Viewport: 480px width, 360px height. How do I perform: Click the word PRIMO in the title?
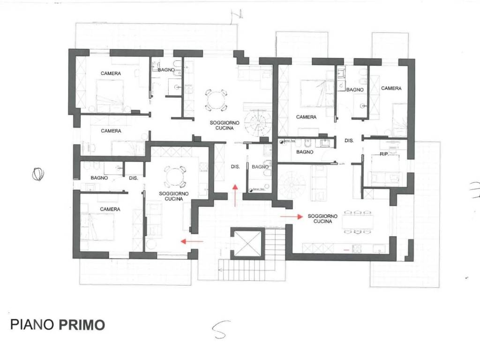[82, 325]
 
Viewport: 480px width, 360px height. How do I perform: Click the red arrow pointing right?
[291, 217]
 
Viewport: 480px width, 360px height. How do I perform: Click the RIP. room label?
[384, 153]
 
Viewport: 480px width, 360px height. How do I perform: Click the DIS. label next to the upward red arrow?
[235, 166]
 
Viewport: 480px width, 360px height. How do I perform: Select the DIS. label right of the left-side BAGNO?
[133, 178]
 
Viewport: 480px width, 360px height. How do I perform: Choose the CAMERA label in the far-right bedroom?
[391, 88]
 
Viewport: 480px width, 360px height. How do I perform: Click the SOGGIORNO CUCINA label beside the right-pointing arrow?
[322, 218]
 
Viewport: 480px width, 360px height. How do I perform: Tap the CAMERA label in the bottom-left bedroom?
[110, 209]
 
